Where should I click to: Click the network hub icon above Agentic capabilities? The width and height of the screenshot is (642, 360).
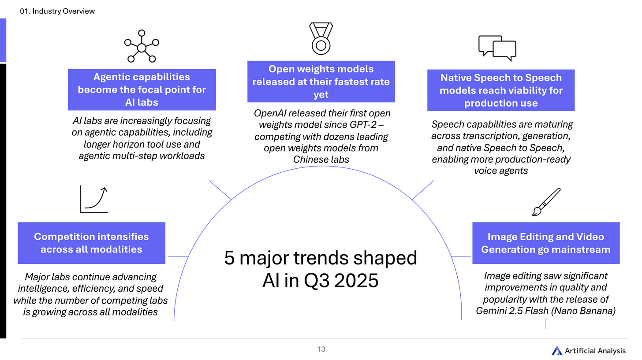pyautogui.click(x=142, y=46)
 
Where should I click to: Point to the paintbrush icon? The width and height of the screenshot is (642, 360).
pyautogui.click(x=546, y=202)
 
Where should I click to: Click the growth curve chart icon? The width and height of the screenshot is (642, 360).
pyautogui.click(x=94, y=199)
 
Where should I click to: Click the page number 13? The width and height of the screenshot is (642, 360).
pyautogui.click(x=321, y=349)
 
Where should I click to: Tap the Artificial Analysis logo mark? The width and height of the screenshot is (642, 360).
pyautogui.click(x=557, y=351)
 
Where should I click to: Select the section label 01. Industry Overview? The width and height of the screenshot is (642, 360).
pyautogui.click(x=58, y=11)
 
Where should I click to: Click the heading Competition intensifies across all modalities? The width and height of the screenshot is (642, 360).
pyautogui.click(x=91, y=243)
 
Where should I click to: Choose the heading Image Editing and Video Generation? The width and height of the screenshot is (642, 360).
pyautogui.click(x=545, y=243)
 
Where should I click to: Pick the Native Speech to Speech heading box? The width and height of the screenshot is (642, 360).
pyautogui.click(x=500, y=90)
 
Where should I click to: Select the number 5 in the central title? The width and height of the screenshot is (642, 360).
pyautogui.click(x=229, y=258)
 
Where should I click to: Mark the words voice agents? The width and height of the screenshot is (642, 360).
pyautogui.click(x=500, y=171)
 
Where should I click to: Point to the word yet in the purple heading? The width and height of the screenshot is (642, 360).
pyautogui.click(x=321, y=95)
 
